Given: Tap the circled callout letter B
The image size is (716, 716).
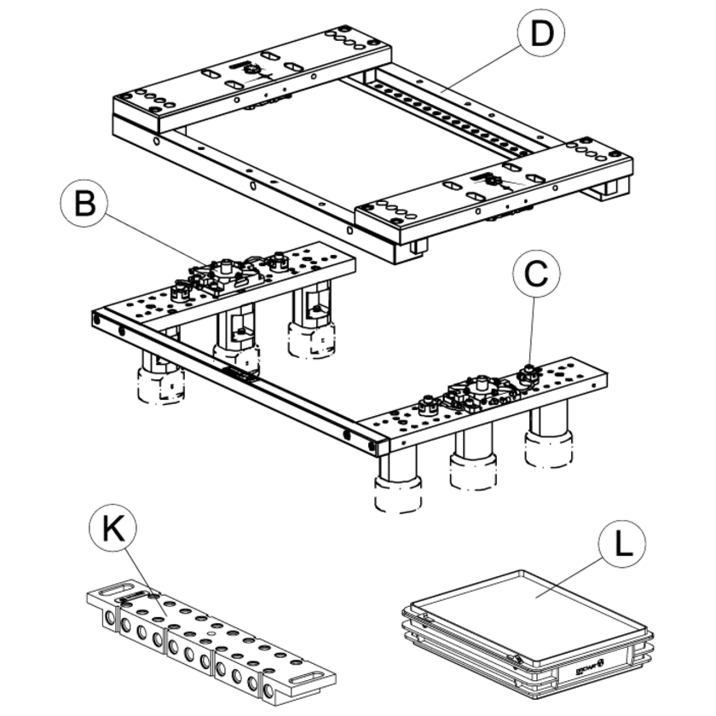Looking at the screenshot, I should coord(84,205).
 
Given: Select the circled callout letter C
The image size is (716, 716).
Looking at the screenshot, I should coord(534,274).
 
